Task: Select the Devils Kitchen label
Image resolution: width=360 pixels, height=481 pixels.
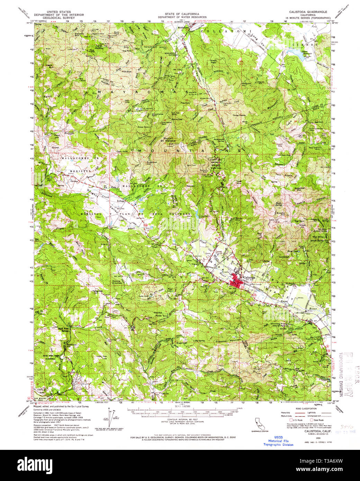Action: click(x=117, y=282)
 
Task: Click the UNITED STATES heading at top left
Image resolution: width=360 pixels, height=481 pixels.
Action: click(x=65, y=11)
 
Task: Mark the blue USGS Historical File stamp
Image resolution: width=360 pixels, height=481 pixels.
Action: click(x=278, y=441)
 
